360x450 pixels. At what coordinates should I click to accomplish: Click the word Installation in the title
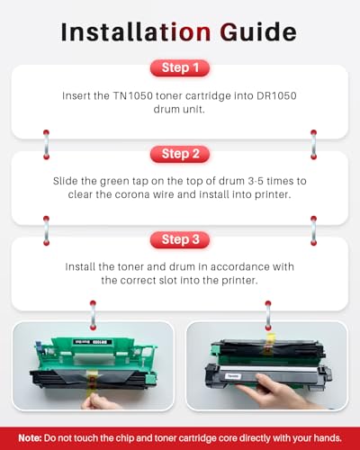click(x=136, y=31)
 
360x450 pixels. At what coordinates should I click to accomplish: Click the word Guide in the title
click(x=258, y=31)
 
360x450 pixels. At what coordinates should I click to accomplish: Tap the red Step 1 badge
click(x=180, y=67)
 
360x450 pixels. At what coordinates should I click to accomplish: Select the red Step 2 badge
click(x=180, y=154)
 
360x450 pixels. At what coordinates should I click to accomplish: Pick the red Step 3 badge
click(x=180, y=239)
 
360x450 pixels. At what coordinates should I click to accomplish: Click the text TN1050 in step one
click(x=132, y=95)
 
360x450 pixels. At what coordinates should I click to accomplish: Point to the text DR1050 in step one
click(x=276, y=95)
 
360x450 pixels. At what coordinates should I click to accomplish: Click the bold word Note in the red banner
click(x=30, y=438)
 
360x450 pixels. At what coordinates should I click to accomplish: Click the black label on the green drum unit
click(x=93, y=342)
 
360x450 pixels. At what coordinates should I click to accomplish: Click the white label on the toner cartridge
click(x=233, y=376)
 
